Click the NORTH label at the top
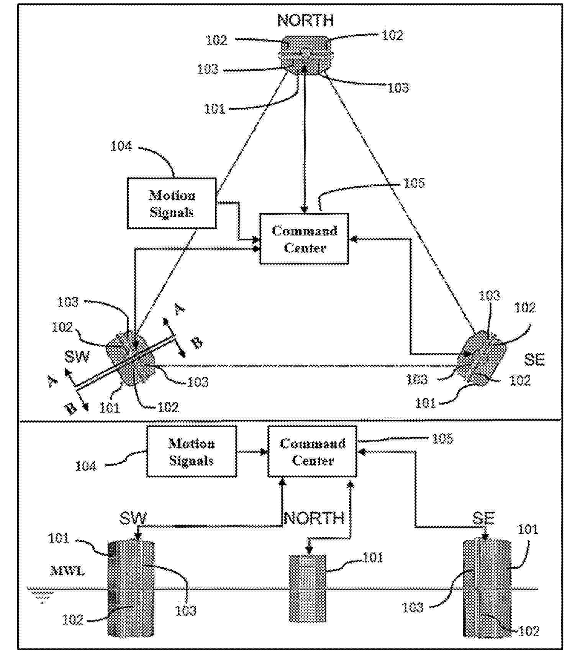tap(305, 20)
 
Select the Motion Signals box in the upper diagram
tap(172, 204)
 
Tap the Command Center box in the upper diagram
tap(304, 239)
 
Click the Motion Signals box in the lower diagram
tap(192, 452)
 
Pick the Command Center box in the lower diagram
tap(312, 452)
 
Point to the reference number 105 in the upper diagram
tap(414, 183)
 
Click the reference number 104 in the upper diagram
tap(121, 146)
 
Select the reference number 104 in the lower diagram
tap(85, 466)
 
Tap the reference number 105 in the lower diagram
tap(442, 439)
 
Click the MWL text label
tap(67, 571)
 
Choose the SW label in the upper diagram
tap(77, 357)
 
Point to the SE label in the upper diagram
tap(534, 360)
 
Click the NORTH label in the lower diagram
tap(314, 518)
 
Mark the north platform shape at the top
tap(305, 55)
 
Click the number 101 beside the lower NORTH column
tap(373, 557)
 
